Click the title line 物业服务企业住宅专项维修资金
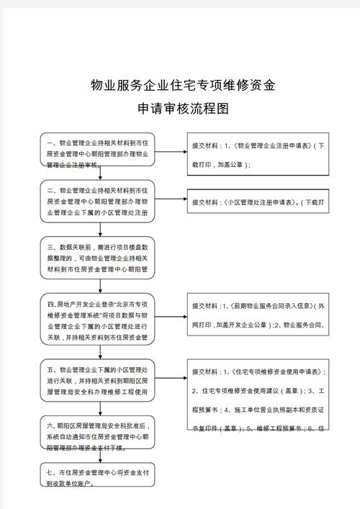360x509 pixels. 183,86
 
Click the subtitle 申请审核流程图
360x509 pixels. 183,109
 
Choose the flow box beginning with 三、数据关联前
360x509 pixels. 97,258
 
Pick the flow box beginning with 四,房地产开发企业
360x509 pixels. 97,317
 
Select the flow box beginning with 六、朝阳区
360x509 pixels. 97,436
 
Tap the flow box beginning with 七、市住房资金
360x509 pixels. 97,477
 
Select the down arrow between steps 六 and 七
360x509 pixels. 97,459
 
